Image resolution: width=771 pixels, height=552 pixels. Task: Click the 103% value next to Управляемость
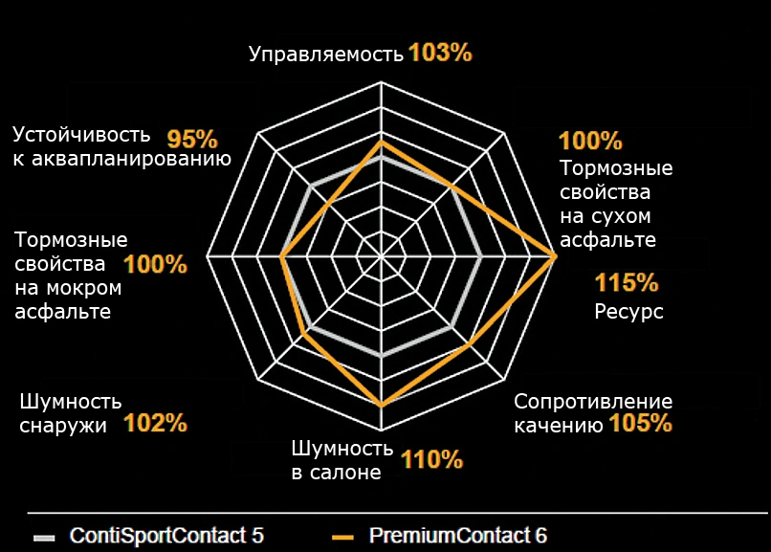point(440,53)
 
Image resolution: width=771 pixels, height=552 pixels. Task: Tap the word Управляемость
point(326,55)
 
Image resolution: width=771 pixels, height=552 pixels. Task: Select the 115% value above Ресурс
point(627,283)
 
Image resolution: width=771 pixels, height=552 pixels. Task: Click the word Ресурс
point(628,312)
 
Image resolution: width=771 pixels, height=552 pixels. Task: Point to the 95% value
point(192,138)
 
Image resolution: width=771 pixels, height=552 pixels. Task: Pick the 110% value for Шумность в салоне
point(431,460)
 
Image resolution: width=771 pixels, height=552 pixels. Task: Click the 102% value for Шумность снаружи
point(155,423)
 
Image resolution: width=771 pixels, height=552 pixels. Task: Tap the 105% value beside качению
point(640,423)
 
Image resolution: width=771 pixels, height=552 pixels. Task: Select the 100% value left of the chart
point(156,265)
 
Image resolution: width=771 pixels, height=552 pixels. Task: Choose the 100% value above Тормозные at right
point(590,142)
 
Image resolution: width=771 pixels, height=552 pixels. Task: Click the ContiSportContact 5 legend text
point(166,536)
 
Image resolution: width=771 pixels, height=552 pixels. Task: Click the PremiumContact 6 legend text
point(458,536)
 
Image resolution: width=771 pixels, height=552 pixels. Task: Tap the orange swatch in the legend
point(343,537)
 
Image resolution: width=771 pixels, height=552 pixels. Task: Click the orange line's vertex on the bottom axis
point(382,407)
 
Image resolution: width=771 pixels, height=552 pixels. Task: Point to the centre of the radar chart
point(382,257)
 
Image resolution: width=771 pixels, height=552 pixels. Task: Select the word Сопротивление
point(593,402)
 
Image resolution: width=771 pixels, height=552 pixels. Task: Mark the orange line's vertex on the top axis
point(382,142)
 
